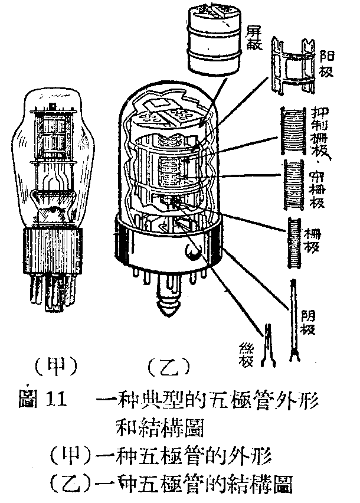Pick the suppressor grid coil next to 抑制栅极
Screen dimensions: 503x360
pos(292,130)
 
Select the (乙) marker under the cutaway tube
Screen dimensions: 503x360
pos(168,366)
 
